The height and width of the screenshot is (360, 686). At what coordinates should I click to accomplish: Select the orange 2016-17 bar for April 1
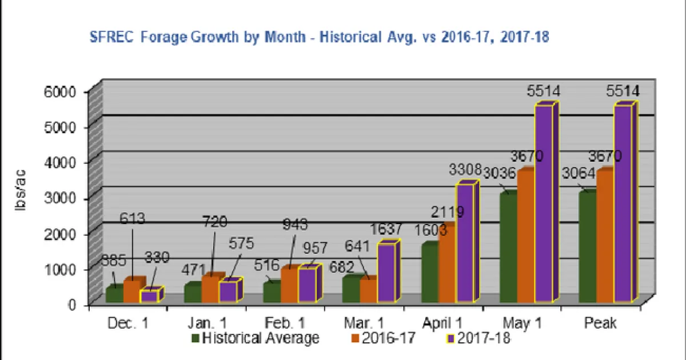tap(447, 263)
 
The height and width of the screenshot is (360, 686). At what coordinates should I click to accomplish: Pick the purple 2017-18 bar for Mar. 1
tap(386, 273)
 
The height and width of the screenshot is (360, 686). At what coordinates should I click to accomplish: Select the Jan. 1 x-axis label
tap(206, 323)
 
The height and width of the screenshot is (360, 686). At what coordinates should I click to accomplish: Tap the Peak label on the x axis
tap(600, 323)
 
